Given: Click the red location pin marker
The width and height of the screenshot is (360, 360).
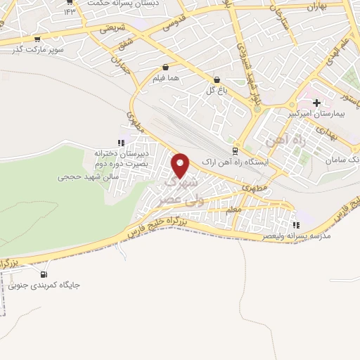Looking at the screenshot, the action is click(x=181, y=165).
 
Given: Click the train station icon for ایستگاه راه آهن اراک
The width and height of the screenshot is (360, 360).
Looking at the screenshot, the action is click(x=236, y=150).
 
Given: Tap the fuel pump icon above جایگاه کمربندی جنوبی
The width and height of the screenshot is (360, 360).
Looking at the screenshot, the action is click(x=44, y=274).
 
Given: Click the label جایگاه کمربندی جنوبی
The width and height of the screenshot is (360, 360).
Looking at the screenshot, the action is click(x=44, y=285).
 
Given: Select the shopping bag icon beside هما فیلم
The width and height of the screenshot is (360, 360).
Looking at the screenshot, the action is click(x=165, y=68).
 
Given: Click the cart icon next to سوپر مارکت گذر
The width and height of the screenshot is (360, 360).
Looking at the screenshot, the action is click(x=37, y=39).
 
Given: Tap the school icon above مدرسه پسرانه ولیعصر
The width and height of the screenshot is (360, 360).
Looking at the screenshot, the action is click(x=296, y=225).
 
